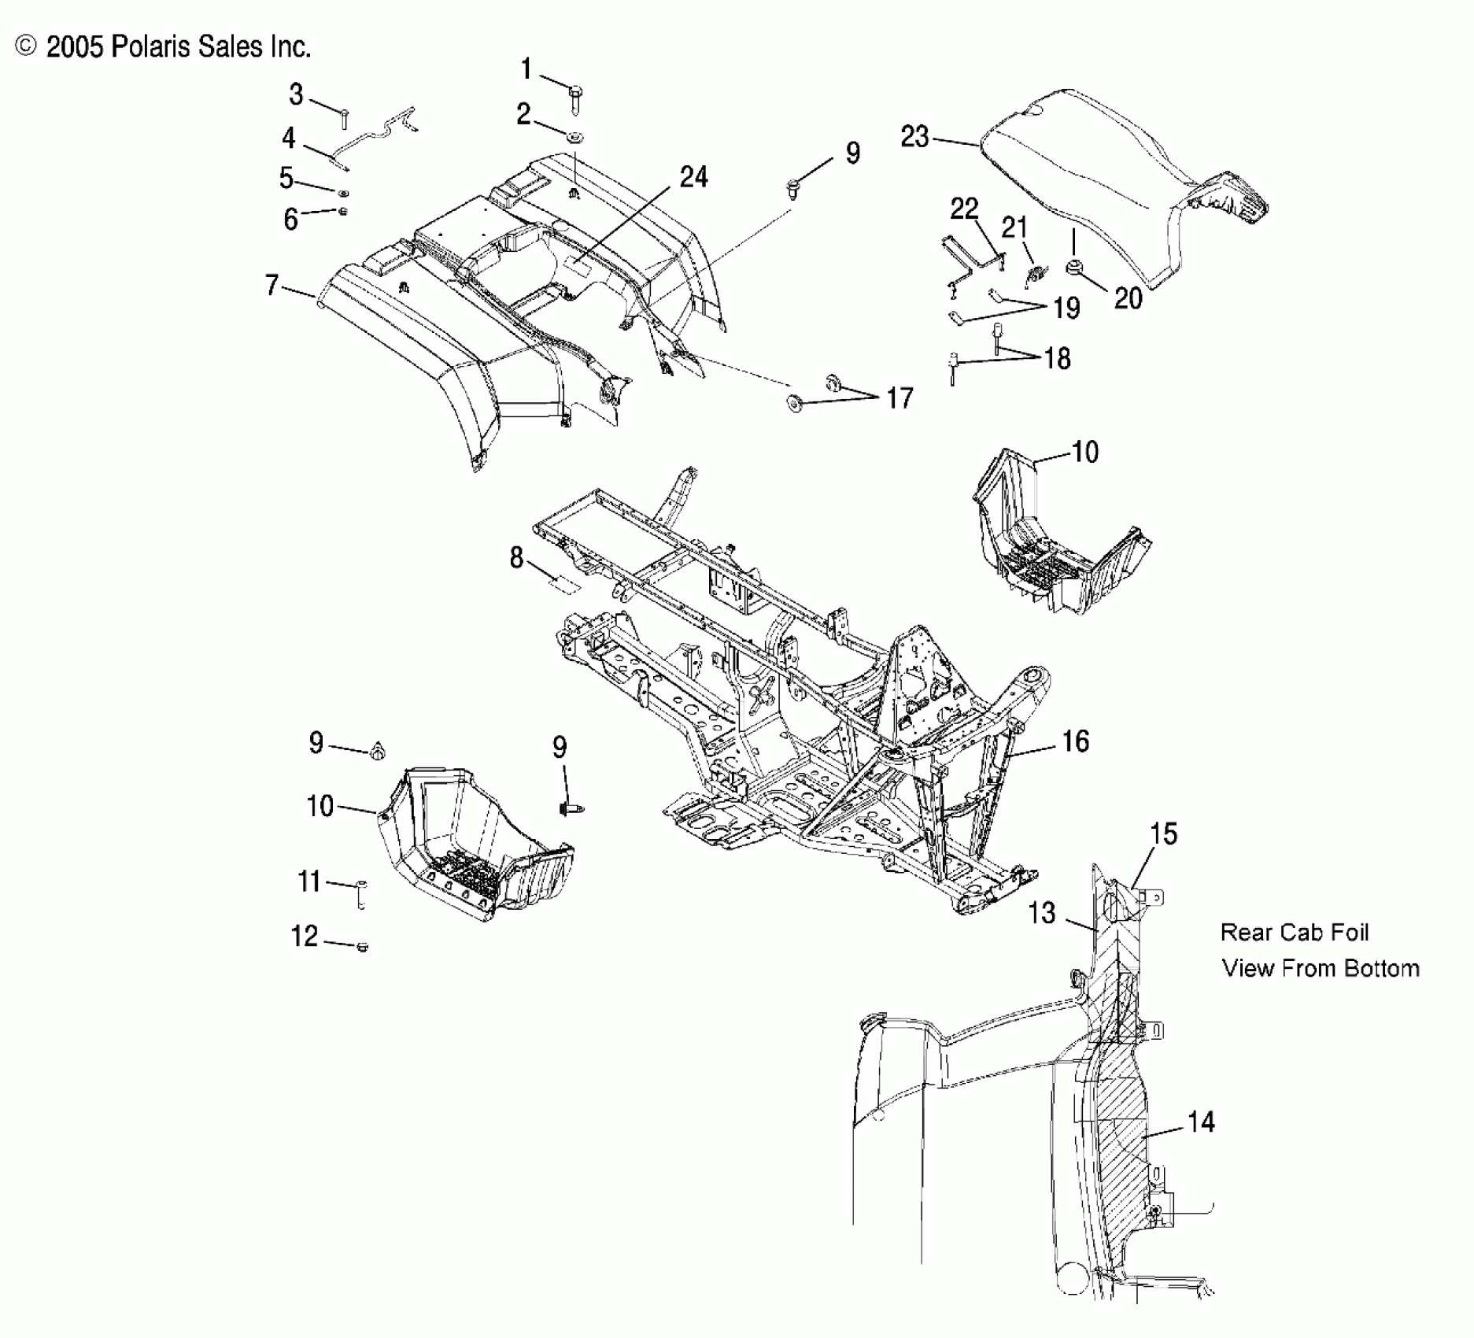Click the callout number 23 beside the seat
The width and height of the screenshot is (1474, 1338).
point(914,138)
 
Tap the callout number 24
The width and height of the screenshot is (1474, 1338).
point(693,178)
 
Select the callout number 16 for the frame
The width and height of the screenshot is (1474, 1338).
point(1075,741)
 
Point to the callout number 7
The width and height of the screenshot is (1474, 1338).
point(272,285)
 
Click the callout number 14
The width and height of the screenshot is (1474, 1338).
point(1201,1122)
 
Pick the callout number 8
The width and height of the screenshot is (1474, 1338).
point(516,558)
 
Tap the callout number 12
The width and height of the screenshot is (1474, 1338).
point(305,936)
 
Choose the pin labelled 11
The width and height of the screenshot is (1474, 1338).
point(361,895)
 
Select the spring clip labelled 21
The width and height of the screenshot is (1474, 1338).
point(1037,275)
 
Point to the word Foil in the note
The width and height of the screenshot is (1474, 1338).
point(1347,933)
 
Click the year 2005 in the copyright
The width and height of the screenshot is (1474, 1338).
point(75,47)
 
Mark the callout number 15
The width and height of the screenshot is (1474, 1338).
point(1163,834)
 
